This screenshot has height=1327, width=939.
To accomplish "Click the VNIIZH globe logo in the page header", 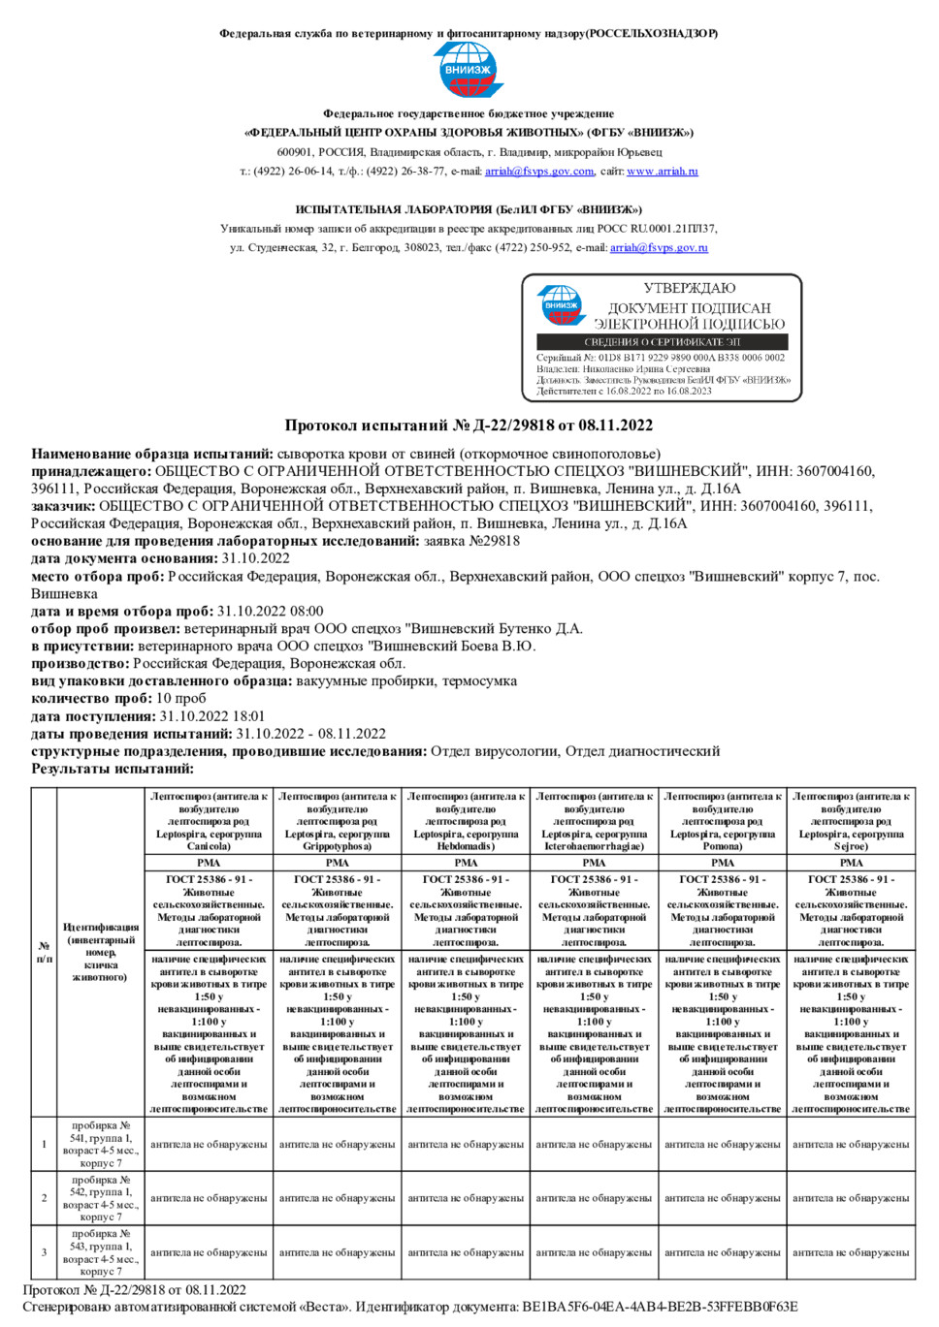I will (x=469, y=70).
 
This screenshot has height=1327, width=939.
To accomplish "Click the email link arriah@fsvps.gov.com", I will (x=539, y=172).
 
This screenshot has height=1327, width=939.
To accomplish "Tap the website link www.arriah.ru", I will (x=662, y=172).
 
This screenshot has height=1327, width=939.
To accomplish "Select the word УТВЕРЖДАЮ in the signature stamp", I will (x=690, y=288).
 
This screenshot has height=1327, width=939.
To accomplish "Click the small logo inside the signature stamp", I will (x=562, y=304).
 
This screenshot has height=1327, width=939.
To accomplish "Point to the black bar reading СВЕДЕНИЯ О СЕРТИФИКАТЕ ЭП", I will (x=663, y=342).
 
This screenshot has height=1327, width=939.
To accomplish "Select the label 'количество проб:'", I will (x=91, y=699).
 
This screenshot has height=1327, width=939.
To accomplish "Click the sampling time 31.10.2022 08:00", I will (x=270, y=612).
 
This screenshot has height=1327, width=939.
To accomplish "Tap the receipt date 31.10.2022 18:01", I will (x=212, y=716).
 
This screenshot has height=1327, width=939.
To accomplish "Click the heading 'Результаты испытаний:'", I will (x=113, y=769).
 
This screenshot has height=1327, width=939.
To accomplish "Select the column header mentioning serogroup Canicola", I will (x=209, y=821).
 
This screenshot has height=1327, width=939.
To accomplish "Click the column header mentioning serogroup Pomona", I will (x=723, y=821).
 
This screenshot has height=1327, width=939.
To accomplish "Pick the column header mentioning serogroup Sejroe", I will (x=851, y=821).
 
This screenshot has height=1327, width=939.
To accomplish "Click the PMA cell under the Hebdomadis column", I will (x=466, y=863).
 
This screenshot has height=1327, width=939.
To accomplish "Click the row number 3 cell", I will (x=44, y=1252).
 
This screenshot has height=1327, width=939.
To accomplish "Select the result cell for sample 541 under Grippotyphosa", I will (x=338, y=1145).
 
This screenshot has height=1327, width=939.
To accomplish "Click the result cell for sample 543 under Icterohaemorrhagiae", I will (x=594, y=1252).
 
